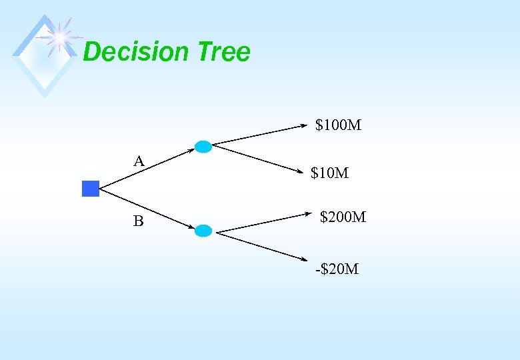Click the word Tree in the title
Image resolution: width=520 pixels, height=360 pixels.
[224, 52]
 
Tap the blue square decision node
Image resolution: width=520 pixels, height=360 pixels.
[91, 189]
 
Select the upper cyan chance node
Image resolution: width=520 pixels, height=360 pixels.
[203, 147]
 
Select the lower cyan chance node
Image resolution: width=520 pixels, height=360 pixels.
[204, 231]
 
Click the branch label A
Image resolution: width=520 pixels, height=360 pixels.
[139, 161]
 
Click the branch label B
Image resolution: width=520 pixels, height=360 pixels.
[138, 221]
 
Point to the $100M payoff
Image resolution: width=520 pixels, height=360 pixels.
[338, 125]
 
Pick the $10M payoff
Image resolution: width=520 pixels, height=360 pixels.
[330, 173]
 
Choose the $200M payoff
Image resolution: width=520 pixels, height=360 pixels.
[343, 217]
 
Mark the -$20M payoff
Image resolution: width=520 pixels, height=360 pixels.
[337, 269]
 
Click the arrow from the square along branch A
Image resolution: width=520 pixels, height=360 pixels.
[147, 167]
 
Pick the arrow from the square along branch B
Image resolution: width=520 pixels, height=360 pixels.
[147, 209]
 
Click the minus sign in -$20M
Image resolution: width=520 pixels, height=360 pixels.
[317, 270]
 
